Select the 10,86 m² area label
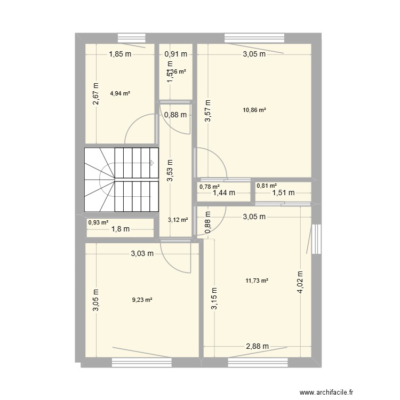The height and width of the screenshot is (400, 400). click(255, 110)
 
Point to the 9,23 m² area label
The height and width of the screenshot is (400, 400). click(142, 300)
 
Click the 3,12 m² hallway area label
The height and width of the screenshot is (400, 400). click(177, 219)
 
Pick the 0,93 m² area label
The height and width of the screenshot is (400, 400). click(99, 223)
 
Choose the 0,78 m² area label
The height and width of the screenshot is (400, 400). click(209, 187)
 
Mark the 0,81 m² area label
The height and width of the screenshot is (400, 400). click(267, 186)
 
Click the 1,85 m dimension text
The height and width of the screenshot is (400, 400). click(121, 54)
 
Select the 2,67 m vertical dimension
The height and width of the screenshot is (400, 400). click(96, 94)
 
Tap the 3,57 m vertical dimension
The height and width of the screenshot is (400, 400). click(207, 111)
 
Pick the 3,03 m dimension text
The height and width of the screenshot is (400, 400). click(142, 255)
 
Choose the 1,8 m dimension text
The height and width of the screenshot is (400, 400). click(121, 229)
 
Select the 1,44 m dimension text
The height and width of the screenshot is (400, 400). click(224, 193)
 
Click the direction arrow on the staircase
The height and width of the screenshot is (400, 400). click(152, 163)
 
